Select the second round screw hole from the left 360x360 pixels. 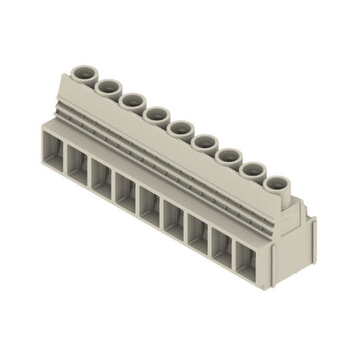[109, 87]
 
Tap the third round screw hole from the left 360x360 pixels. [132, 100]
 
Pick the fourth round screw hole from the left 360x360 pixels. [156, 114]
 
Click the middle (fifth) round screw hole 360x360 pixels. [180, 128]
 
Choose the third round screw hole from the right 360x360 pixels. [228, 156]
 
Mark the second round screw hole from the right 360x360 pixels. [251, 170]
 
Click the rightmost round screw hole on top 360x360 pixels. [275, 184]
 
